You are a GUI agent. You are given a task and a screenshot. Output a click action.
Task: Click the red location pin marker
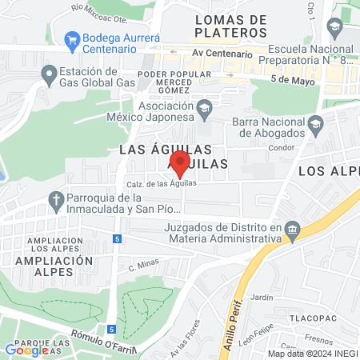tap(180, 163)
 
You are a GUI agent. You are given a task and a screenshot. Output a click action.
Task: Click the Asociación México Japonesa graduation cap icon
tap(205, 106)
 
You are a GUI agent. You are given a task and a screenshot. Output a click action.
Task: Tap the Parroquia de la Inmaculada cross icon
tap(56, 198)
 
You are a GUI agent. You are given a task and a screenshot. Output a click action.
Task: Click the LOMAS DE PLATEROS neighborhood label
tap(230, 25)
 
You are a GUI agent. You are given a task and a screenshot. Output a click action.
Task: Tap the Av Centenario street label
tap(222, 54)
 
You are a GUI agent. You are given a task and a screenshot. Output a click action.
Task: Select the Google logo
tap(26, 350)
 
